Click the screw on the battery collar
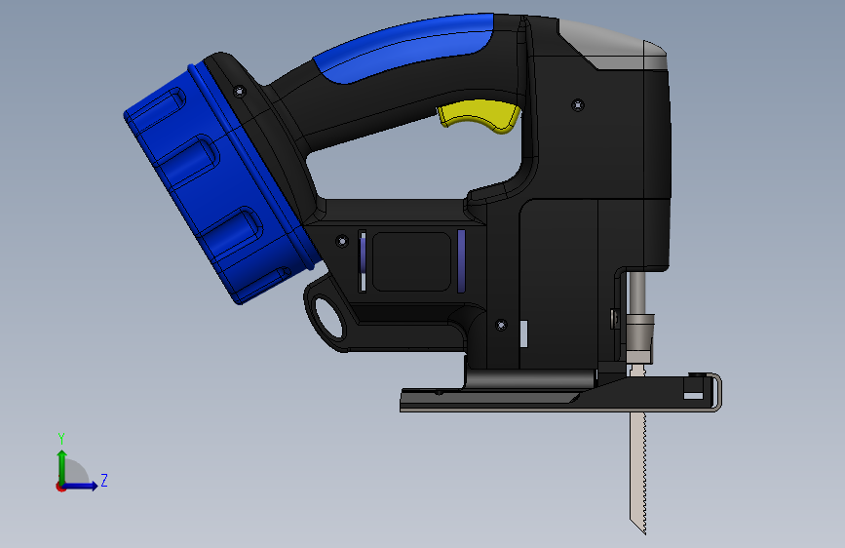click(x=240, y=91)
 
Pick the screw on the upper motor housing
click(x=578, y=104)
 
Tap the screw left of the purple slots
click(x=342, y=241)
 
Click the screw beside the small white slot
click(x=501, y=325)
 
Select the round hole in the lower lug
click(x=328, y=317)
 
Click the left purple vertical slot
click(x=363, y=261)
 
